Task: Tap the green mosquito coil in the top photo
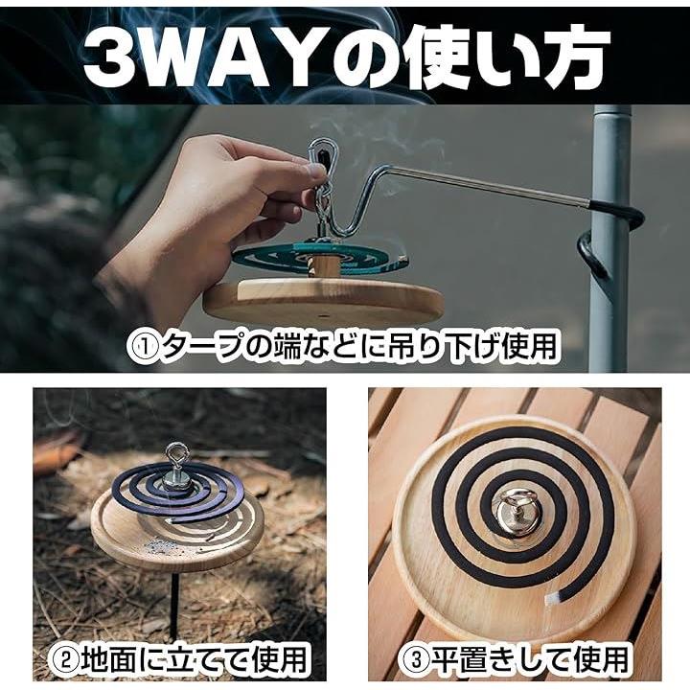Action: pos(320,259)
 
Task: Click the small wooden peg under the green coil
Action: pos(327,265)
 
